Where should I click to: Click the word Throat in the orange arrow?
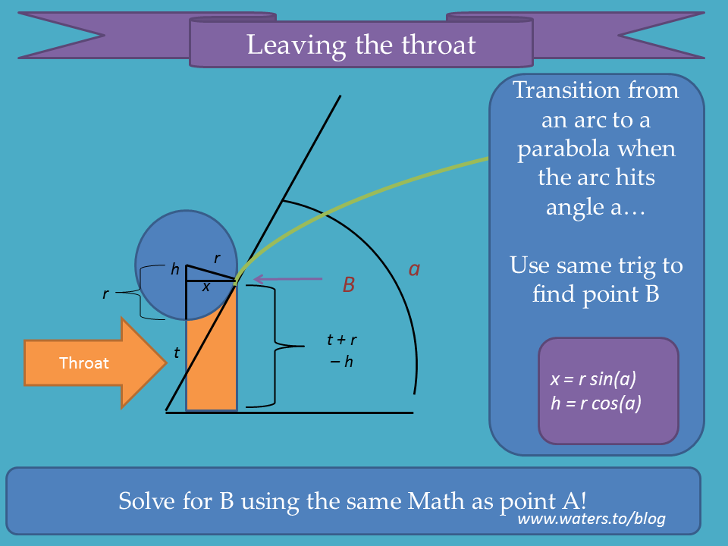84,362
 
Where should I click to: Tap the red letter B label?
349,284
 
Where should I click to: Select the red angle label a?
414,268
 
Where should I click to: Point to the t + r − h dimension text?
342,350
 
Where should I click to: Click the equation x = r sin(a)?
593,379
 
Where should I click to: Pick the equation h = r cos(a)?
596,403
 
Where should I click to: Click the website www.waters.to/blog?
591,518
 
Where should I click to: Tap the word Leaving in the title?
297,45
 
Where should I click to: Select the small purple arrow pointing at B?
288,279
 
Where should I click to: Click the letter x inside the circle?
206,287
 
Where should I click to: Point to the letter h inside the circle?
175,268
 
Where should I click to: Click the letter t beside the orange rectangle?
177,353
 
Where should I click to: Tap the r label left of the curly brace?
106,293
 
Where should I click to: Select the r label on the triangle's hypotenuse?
217,258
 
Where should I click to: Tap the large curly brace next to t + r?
275,346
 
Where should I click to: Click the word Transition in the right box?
566,89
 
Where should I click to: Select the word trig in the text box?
641,267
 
